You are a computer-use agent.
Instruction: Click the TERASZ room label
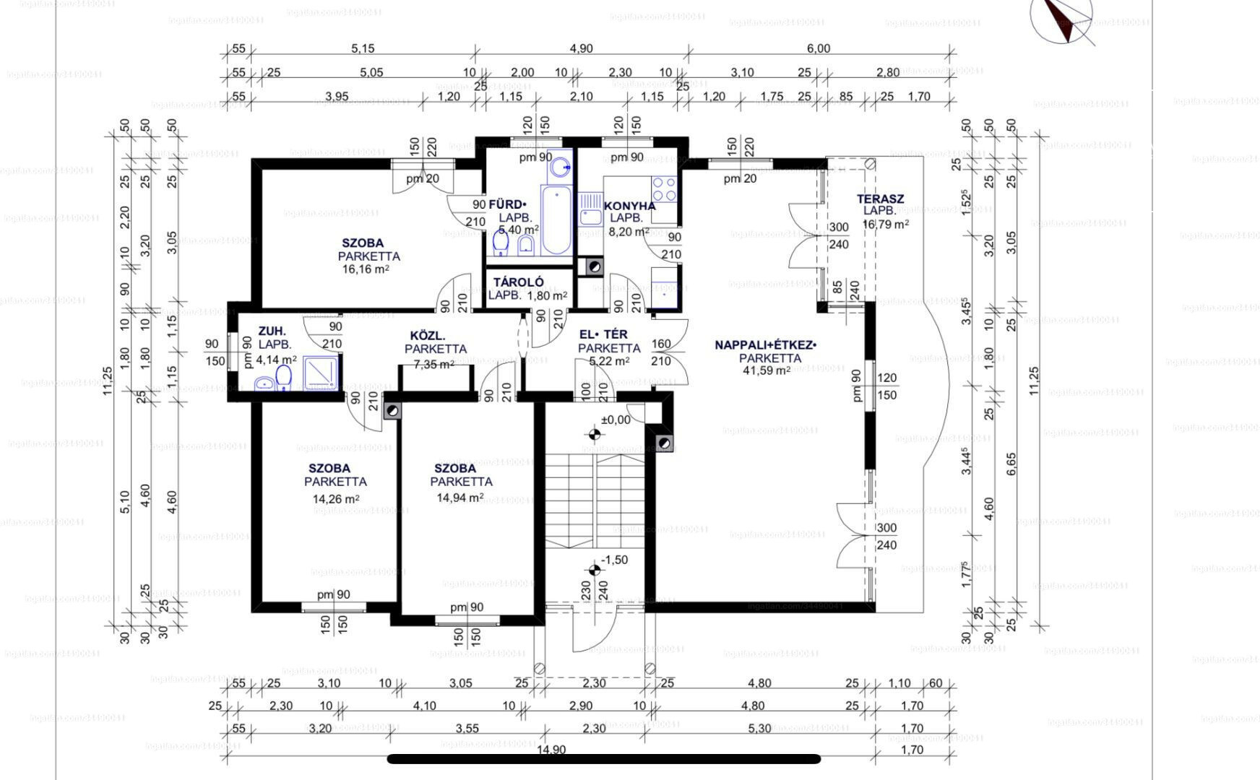click(x=880, y=199)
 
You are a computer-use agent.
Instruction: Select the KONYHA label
click(x=629, y=206)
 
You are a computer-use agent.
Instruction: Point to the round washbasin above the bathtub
click(x=559, y=167)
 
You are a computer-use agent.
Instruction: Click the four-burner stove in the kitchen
click(x=664, y=188)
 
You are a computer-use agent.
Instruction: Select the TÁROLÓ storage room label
click(x=518, y=282)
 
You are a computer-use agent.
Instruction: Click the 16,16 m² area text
click(x=366, y=269)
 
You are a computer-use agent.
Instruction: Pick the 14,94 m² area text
click(x=459, y=498)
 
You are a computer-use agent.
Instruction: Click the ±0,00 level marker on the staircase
click(x=616, y=420)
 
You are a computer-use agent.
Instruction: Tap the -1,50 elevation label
click(x=615, y=560)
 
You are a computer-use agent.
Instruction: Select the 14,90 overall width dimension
click(x=551, y=750)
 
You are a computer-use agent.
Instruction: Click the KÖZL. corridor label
click(x=428, y=336)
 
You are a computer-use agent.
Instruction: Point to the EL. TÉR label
click(x=603, y=334)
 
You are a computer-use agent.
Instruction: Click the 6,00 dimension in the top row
click(x=818, y=48)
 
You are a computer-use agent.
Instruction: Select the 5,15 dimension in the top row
click(x=363, y=48)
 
